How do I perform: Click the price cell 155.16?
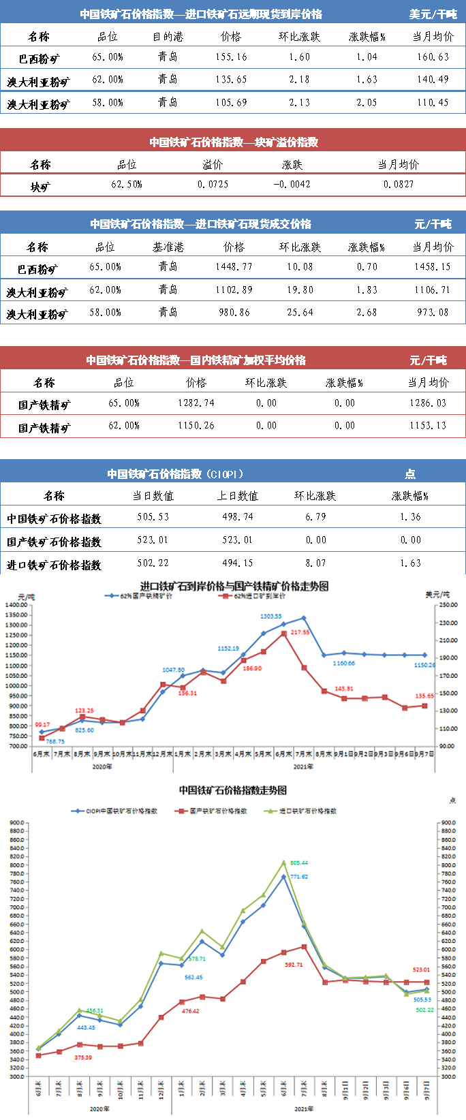(231, 57)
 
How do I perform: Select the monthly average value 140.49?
(433, 80)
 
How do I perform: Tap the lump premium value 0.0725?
(213, 185)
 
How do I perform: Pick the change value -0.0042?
(292, 185)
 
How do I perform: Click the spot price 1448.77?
(234, 267)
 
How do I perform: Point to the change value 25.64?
(300, 313)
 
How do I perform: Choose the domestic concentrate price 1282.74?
(196, 403)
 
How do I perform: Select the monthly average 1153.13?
(428, 426)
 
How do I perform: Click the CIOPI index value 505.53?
(153, 517)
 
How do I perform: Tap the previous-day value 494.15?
(238, 563)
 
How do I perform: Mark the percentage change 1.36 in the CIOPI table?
(411, 517)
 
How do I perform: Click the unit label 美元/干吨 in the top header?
(433, 14)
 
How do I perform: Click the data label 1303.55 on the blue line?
(271, 617)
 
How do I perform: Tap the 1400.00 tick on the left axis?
(16, 605)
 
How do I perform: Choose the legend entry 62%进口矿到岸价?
(259, 596)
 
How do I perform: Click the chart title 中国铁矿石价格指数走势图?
(233, 790)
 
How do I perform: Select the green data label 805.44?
(299, 863)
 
